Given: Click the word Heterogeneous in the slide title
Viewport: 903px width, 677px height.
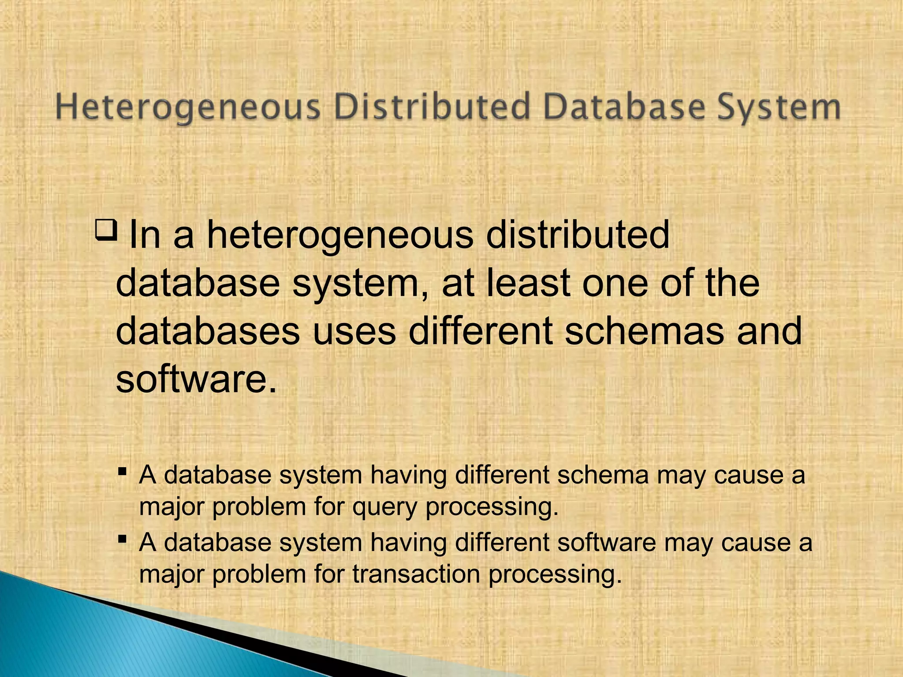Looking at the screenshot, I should pos(188,108).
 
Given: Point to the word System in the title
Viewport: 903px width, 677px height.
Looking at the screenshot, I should pos(779,108).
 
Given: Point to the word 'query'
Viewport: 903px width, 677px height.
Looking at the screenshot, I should pos(384,507).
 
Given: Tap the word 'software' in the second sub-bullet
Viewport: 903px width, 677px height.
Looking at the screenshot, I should pos(607,542).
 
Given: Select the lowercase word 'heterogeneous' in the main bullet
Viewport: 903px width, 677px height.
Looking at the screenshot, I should pos(340,235).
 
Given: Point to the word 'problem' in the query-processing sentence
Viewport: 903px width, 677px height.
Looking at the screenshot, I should pos(259,507).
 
